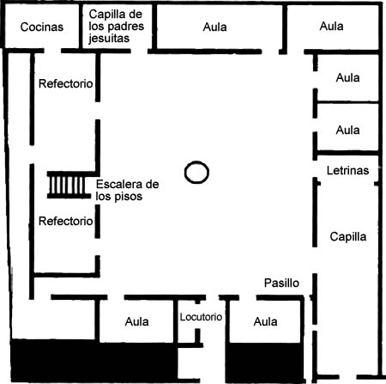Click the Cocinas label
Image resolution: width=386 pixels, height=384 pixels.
click(x=42, y=27)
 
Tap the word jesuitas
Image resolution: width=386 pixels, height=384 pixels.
click(x=109, y=39)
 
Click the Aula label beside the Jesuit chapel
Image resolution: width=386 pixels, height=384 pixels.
click(x=215, y=27)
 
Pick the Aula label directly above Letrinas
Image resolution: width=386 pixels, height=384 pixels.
click(x=347, y=130)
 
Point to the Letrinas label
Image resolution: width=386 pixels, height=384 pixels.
click(x=347, y=171)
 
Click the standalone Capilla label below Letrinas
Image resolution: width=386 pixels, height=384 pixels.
click(x=348, y=237)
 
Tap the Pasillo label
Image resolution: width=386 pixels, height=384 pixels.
click(x=281, y=283)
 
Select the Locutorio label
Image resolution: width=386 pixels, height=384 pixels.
click(x=201, y=317)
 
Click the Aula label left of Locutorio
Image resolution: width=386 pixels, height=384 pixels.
click(x=136, y=322)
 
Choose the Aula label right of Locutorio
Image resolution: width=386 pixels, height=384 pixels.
click(x=265, y=322)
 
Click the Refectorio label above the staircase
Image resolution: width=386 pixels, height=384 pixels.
click(x=66, y=83)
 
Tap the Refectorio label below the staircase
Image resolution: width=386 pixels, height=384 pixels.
click(x=66, y=221)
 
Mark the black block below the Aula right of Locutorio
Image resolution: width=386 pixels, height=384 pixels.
click(x=265, y=362)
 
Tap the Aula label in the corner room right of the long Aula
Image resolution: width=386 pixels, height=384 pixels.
click(x=332, y=27)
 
